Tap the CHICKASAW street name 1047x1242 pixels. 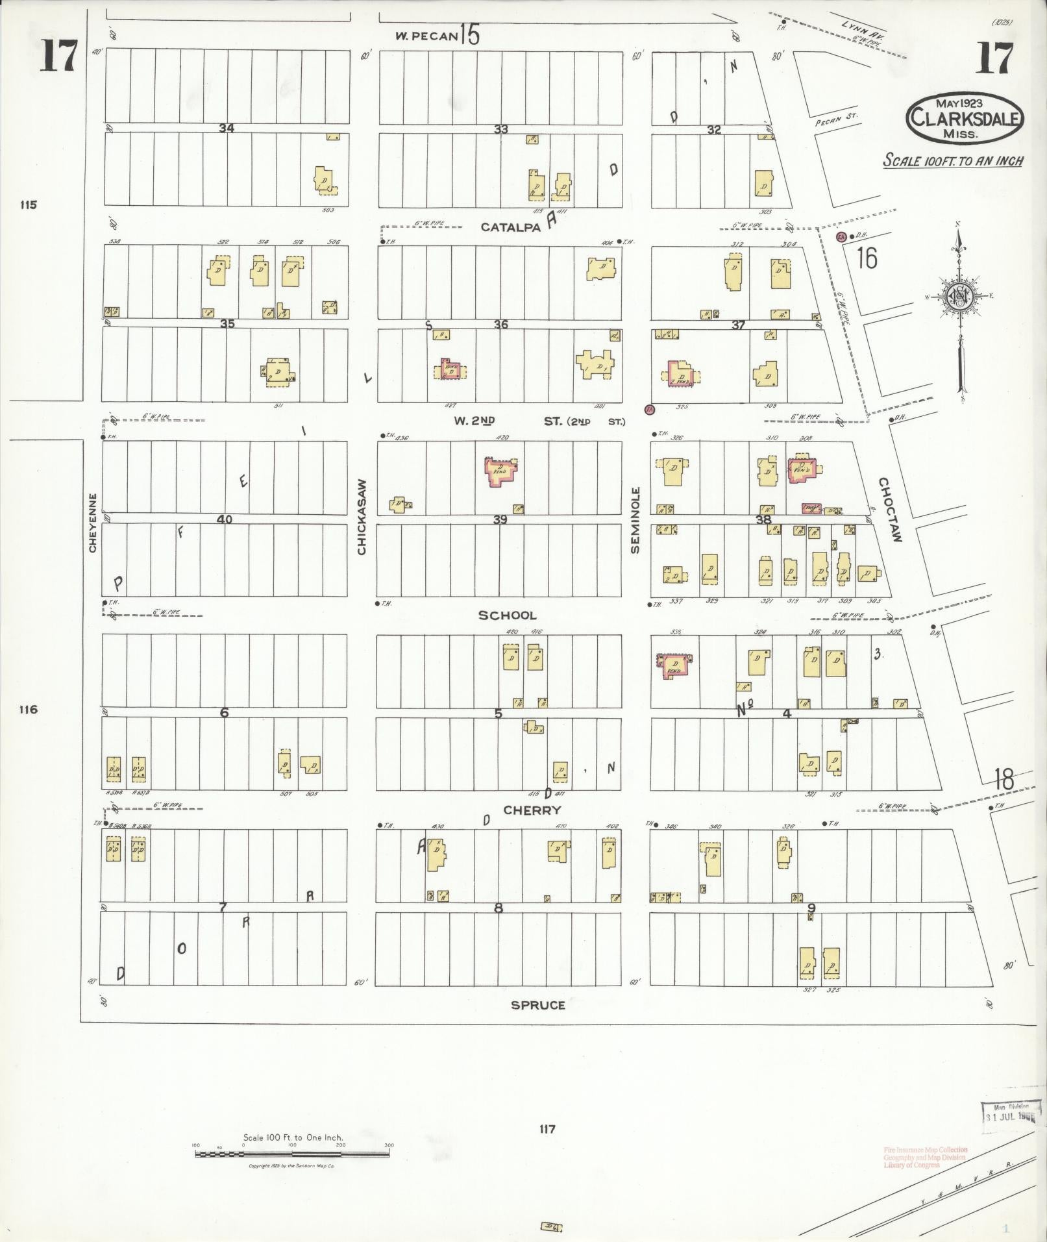pyautogui.click(x=362, y=517)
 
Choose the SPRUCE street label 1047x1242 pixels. pyautogui.click(x=537, y=1005)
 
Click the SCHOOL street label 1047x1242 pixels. pyautogui.click(x=508, y=615)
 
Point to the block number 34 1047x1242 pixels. pyautogui.click(x=226, y=128)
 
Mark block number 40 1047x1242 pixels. pyautogui.click(x=225, y=519)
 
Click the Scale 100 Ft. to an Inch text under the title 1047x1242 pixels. pyautogui.click(x=953, y=160)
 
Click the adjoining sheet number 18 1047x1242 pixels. pyautogui.click(x=1004, y=779)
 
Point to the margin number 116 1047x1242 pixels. pyautogui.click(x=28, y=709)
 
